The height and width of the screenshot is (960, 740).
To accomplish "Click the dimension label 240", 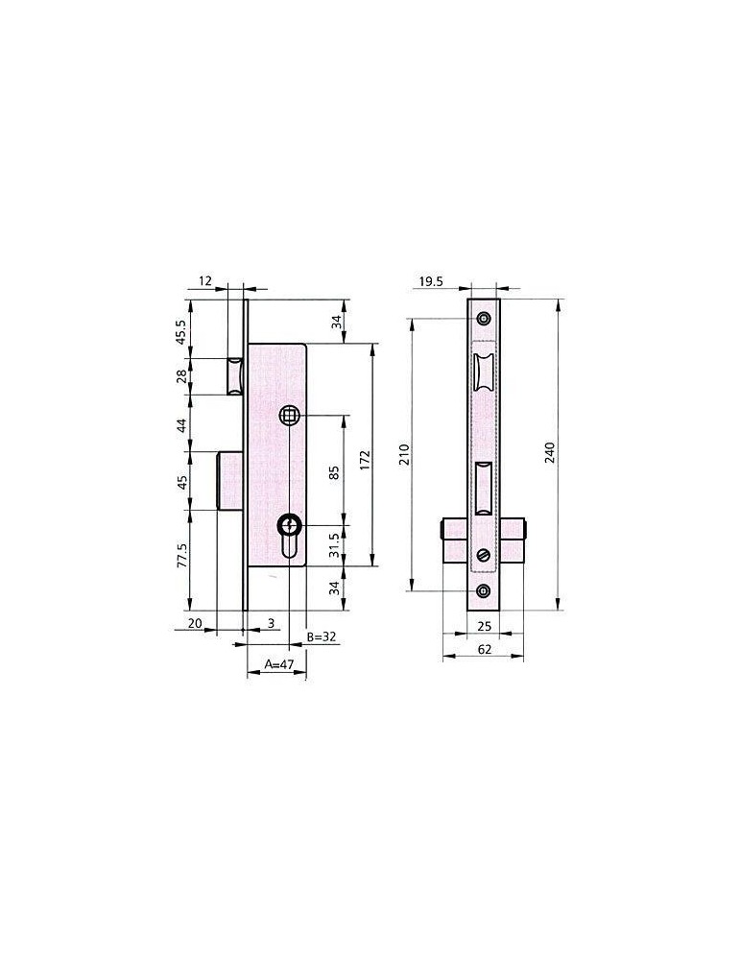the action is click(550, 452).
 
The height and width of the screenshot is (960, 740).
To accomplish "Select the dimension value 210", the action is click(405, 454).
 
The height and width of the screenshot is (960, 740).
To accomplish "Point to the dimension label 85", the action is click(334, 472).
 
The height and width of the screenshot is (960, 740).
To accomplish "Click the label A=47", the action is click(279, 664).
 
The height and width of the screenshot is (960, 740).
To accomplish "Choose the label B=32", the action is click(322, 636).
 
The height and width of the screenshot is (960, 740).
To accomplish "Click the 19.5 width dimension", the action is click(432, 281).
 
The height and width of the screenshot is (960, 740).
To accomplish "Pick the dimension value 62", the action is click(484, 649).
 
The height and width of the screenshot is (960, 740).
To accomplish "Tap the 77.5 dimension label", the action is click(182, 555).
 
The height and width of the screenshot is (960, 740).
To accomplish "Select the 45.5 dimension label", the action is click(182, 331).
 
